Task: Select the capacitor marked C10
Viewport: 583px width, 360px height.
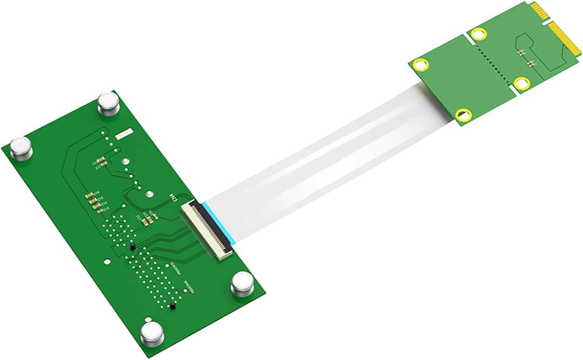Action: click(101, 159)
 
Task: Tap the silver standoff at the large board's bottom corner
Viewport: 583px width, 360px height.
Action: click(150, 333)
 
